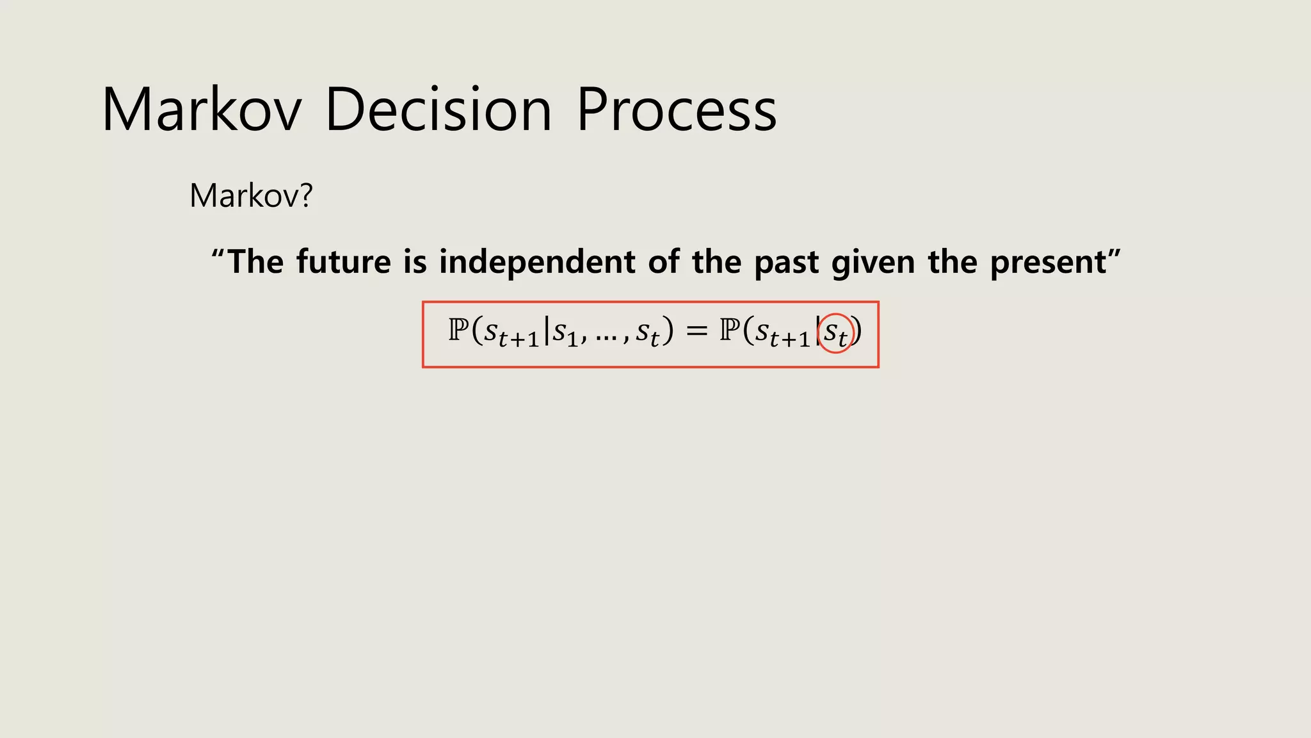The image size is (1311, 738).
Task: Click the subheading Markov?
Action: [x=251, y=195]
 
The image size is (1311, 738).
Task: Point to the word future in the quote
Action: [x=343, y=261]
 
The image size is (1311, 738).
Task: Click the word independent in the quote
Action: [x=537, y=261]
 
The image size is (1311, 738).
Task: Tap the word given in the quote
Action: [x=873, y=263]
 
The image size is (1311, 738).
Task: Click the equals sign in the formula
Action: [x=696, y=331]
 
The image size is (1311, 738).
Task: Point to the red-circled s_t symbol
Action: [x=836, y=333]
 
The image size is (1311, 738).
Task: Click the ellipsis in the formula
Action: [x=606, y=335]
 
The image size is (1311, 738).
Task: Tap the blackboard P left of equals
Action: [x=458, y=331]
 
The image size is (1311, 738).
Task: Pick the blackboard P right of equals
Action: [x=729, y=331]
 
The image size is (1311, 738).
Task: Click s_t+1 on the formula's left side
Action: [x=511, y=333]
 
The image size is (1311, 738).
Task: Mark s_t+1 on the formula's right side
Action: [x=783, y=333]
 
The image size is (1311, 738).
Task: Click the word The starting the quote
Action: [x=255, y=261]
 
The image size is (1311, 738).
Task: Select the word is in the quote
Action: [x=415, y=261]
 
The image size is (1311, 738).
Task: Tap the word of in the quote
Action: [x=663, y=261]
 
